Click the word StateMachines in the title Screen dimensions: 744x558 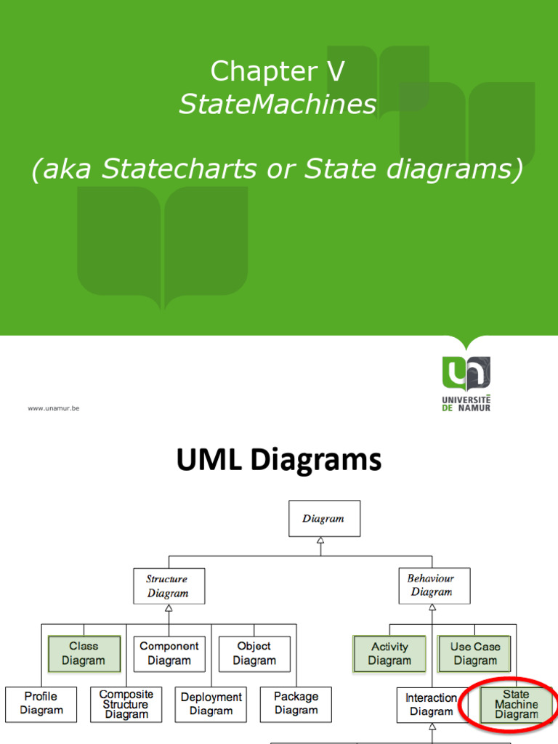pyautogui.click(x=278, y=105)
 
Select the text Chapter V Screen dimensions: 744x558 pyautogui.click(x=278, y=71)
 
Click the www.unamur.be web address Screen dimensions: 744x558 pyautogui.click(x=54, y=408)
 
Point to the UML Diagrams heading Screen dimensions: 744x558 pyautogui.click(x=279, y=461)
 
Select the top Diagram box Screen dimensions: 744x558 pyautogui.click(x=324, y=519)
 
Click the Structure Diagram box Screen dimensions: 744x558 pyautogui.click(x=169, y=586)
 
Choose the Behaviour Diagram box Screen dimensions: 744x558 pyautogui.click(x=434, y=586)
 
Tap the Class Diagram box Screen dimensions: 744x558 pyautogui.click(x=84, y=653)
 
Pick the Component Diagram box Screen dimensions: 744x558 pyautogui.click(x=169, y=653)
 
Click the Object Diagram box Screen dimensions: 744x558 pyautogui.click(x=254, y=653)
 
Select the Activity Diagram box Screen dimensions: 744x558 pyautogui.click(x=389, y=653)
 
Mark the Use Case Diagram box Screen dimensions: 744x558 pyautogui.click(x=475, y=653)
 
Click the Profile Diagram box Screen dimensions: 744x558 pyautogui.click(x=41, y=703)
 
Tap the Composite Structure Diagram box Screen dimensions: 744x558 pyautogui.click(x=126, y=704)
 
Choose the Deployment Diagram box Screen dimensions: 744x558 pyautogui.click(x=211, y=704)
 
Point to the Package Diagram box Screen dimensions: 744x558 pyautogui.click(x=296, y=703)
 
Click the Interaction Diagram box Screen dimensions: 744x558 pyautogui.click(x=432, y=704)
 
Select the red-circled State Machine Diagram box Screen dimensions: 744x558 pyautogui.click(x=517, y=704)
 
